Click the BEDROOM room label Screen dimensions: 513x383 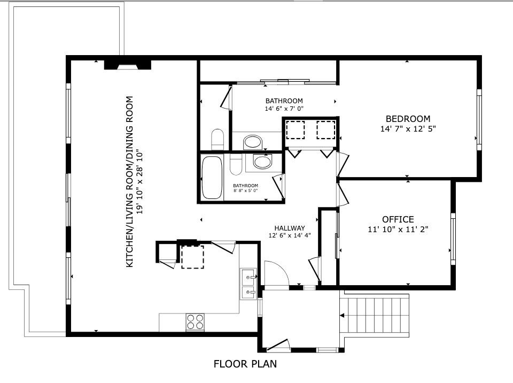pos(408,119)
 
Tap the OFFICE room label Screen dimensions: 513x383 pos(398,219)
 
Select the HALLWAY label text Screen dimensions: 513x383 pos(290,228)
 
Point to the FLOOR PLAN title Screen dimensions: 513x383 pos(245,364)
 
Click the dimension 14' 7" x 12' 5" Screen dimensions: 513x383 pos(408,129)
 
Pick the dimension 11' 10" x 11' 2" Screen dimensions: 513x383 pos(398,229)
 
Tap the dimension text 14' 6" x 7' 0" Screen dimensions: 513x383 pos(284,109)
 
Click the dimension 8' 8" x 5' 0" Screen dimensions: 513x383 pos(246,190)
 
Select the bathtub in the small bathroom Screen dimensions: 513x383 pos(212,177)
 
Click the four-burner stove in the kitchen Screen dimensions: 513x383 pos(195,321)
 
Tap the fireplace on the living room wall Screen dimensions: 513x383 pos(127,65)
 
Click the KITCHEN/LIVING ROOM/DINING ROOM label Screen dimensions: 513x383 pos(129,181)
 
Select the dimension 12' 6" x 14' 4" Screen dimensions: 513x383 pos(290,235)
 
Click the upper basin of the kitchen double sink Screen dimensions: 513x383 pos(248,277)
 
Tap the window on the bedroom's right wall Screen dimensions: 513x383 pos(479,120)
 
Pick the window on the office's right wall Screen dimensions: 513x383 pos(453,239)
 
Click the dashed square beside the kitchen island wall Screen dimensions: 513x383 pos(192,257)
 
